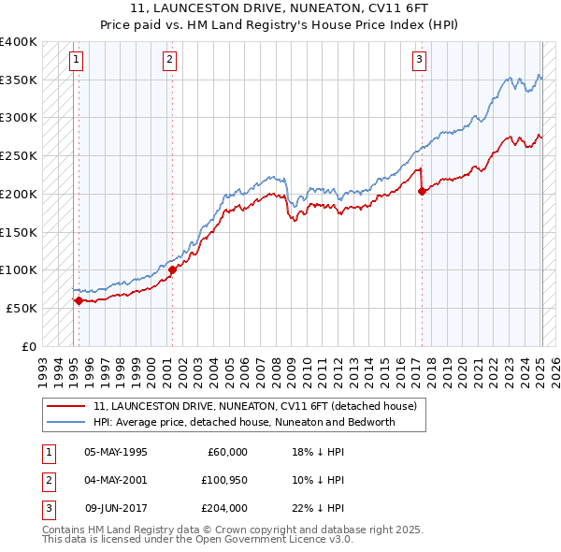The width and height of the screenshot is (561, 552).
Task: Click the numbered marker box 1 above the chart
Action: (x=76, y=61)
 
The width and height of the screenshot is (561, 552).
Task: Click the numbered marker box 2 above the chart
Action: (x=169, y=61)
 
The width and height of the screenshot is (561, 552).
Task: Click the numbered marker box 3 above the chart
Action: (x=419, y=61)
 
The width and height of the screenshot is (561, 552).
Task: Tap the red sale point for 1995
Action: (x=79, y=300)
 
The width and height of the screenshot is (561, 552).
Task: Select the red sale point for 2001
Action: (x=172, y=269)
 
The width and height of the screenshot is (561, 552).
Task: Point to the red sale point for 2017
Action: (x=422, y=191)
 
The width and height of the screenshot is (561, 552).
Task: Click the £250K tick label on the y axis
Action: (x=19, y=156)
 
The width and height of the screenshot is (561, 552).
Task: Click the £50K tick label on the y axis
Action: (x=22, y=308)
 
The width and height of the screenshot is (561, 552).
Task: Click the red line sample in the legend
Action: (x=65, y=407)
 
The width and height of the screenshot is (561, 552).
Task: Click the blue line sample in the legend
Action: (x=65, y=422)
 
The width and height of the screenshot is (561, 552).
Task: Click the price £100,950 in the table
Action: (x=222, y=480)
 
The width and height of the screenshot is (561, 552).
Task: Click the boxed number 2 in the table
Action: (x=49, y=480)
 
